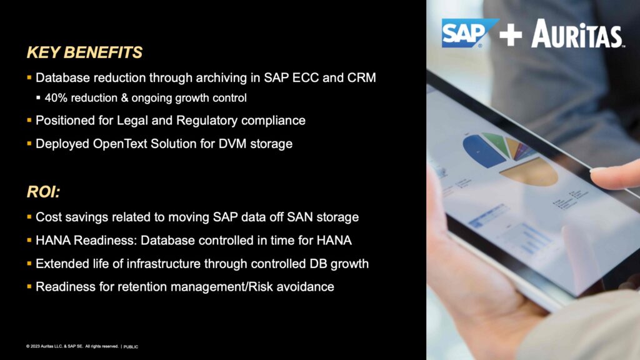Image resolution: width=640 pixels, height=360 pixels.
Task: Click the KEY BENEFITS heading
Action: point(84,52)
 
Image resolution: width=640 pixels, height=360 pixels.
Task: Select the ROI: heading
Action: point(43,191)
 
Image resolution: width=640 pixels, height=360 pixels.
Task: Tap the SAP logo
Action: point(469,32)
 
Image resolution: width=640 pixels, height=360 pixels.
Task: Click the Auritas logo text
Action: point(577,34)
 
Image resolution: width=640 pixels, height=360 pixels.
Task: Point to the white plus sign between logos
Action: point(511,35)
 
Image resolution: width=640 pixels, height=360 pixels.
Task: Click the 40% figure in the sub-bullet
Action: point(55,98)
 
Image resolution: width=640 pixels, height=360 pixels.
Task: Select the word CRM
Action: point(362,77)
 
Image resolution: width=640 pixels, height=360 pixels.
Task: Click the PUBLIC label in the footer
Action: point(131,346)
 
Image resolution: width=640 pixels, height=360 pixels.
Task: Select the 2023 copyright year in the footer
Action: point(35,346)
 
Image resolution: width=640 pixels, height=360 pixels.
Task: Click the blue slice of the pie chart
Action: point(484,150)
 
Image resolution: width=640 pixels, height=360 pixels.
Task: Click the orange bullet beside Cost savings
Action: point(29,217)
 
